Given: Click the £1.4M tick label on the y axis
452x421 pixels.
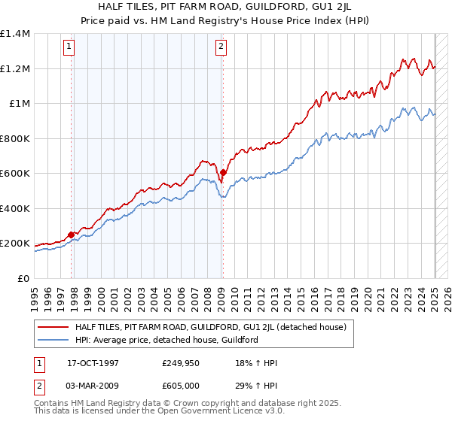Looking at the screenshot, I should tap(15, 34).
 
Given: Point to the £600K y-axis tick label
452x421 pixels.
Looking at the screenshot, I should tap(15, 174).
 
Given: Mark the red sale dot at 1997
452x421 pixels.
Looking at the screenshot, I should tap(72, 235).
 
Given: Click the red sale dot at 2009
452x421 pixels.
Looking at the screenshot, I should tap(223, 172).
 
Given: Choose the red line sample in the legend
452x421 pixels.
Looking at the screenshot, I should tap(53, 327).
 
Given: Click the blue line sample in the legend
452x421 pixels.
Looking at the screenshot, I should tap(53, 340).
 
